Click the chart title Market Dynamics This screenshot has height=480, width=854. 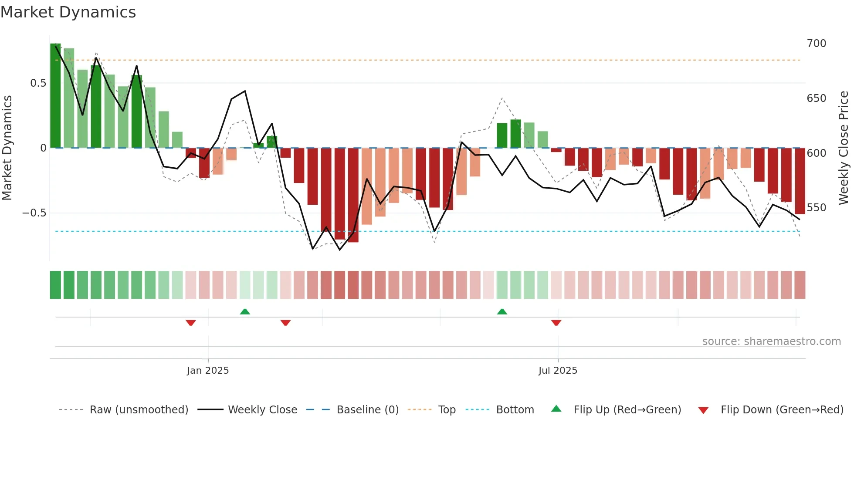(x=68, y=12)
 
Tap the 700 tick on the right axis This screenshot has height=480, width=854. (x=816, y=44)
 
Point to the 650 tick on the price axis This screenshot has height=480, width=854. (x=816, y=98)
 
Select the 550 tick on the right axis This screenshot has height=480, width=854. (x=816, y=208)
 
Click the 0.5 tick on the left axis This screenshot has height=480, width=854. (x=38, y=83)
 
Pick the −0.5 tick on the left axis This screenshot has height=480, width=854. (x=34, y=213)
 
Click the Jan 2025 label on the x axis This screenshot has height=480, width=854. (x=208, y=371)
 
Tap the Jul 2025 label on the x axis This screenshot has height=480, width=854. (x=558, y=371)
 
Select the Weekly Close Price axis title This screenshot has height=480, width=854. (x=844, y=148)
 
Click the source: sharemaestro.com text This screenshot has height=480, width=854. (x=771, y=341)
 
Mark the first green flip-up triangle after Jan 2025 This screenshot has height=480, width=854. (x=245, y=311)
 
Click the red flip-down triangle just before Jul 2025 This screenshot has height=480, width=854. (x=556, y=323)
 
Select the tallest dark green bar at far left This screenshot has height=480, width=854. (x=55, y=96)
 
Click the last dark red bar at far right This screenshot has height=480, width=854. (x=800, y=181)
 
